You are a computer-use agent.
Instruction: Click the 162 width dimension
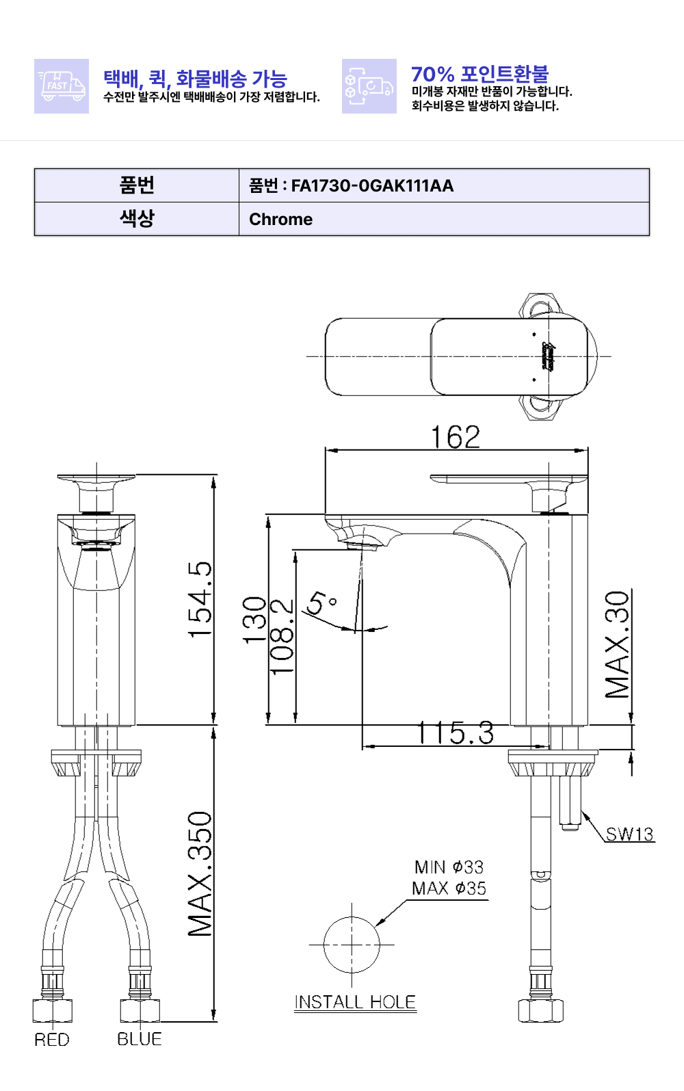coord(456,437)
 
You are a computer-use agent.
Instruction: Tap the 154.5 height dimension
coord(200,600)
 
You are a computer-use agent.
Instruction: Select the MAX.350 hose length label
coord(200,873)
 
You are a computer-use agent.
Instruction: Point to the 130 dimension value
coord(254,620)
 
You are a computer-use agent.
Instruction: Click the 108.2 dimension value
coord(281,637)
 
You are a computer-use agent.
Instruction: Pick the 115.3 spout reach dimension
coord(456,733)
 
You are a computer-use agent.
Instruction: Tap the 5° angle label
coord(321,603)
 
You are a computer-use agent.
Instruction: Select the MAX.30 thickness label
coord(618,644)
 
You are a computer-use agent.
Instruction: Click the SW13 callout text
coord(629,834)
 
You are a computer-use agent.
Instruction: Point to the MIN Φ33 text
coord(449,867)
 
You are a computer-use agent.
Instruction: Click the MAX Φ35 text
coord(449,889)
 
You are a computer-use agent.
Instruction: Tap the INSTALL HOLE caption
coord(355,1002)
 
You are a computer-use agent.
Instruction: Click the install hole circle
coord(352,945)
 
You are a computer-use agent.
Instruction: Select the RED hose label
coord(52,1040)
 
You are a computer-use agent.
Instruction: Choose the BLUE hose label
coord(140,1039)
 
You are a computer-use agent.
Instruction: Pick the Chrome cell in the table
coord(280,220)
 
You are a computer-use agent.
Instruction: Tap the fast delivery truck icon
coord(62,86)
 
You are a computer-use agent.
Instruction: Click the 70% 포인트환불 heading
coord(479,74)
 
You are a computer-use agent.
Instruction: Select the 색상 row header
coord(137,219)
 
